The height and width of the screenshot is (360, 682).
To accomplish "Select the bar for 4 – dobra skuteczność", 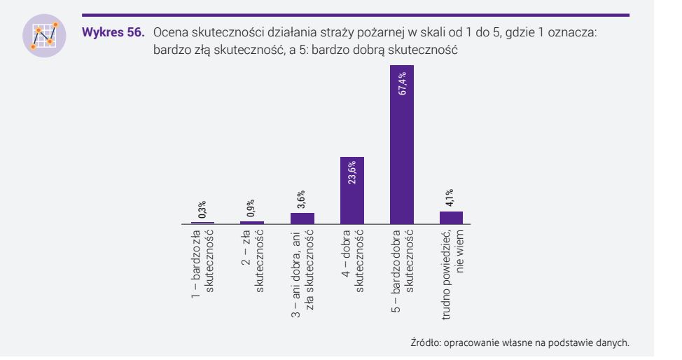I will (352, 190).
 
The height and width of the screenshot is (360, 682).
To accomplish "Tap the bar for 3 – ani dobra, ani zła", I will (302, 218).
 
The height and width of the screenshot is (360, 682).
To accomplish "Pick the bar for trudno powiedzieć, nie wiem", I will (452, 217).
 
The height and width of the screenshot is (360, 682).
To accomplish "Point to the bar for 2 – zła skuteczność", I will (253, 222).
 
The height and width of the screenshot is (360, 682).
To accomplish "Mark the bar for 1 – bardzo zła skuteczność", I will (203, 223).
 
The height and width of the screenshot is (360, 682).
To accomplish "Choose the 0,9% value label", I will (253, 209).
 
